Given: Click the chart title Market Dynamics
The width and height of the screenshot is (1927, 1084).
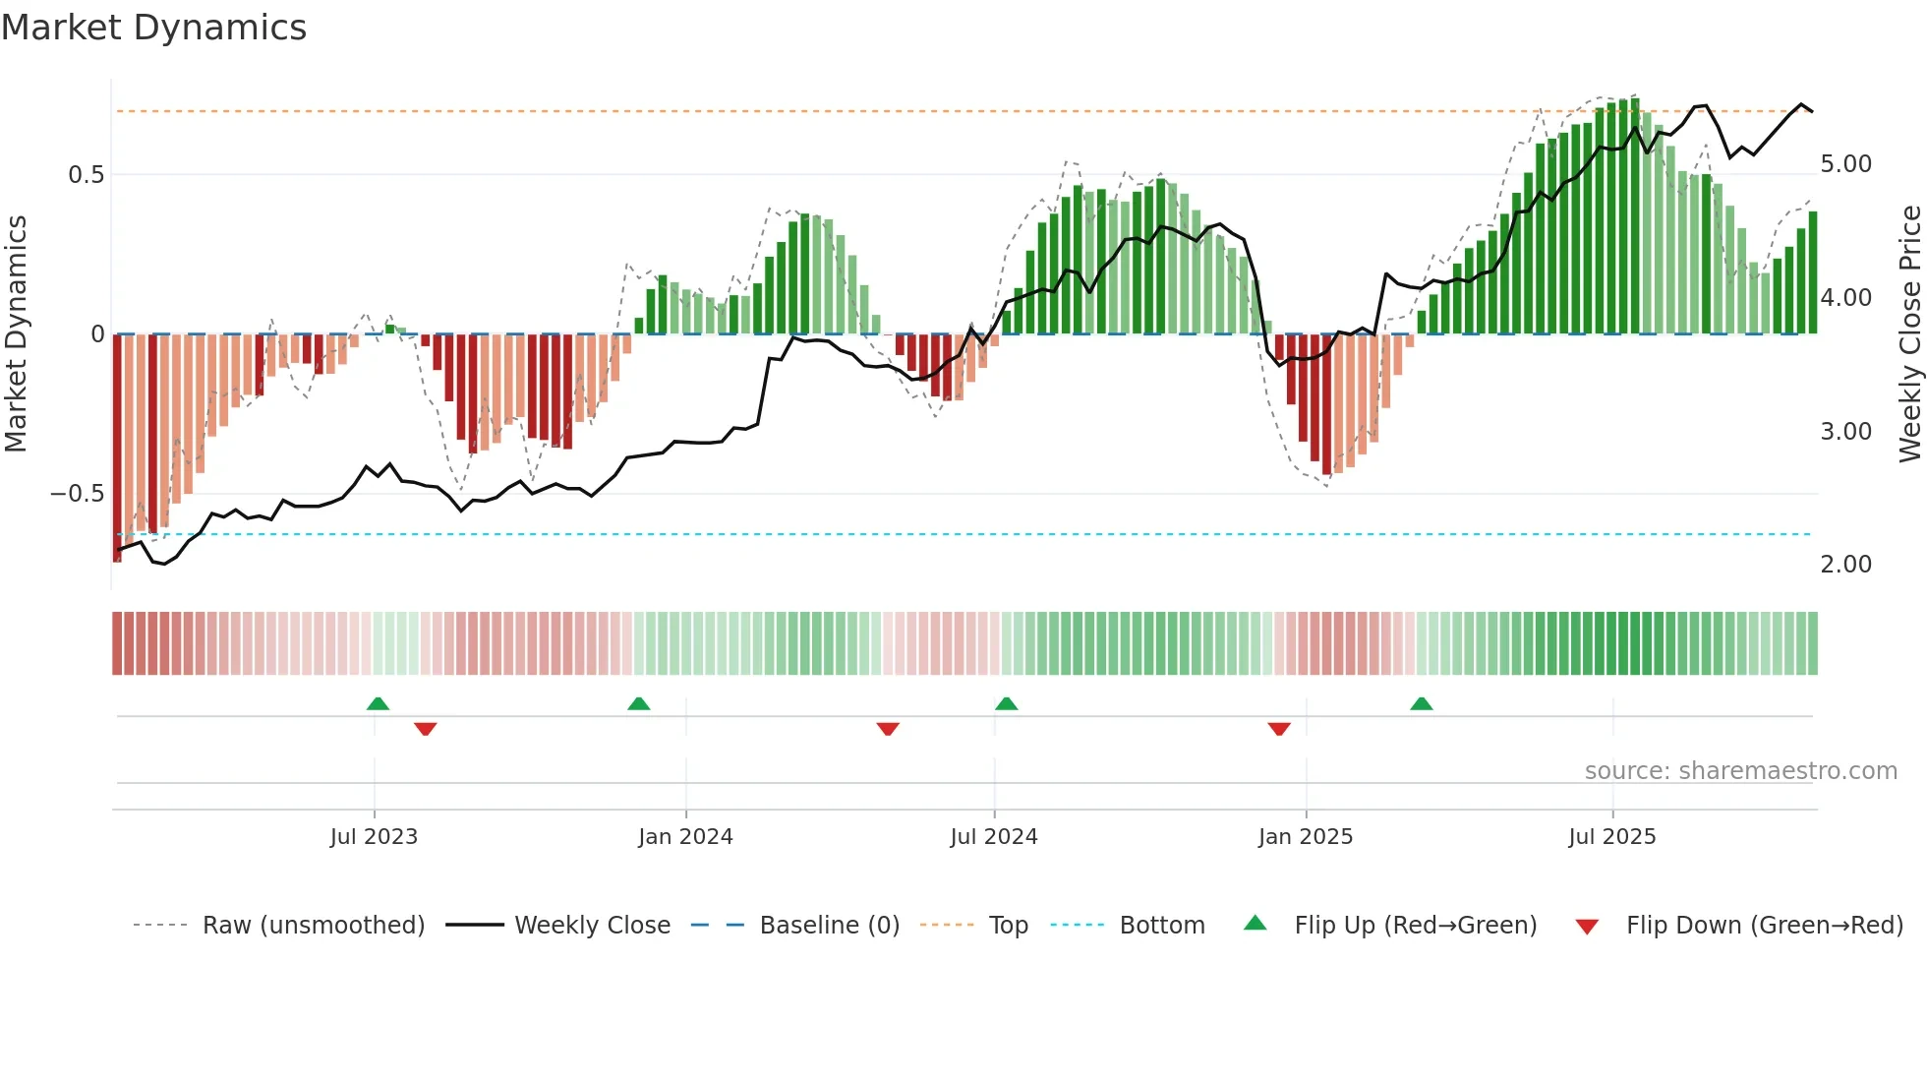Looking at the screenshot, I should click(x=154, y=28).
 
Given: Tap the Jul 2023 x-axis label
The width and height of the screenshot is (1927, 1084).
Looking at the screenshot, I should click(x=374, y=837).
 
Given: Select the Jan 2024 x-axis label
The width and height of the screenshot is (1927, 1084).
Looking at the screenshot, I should click(x=685, y=837).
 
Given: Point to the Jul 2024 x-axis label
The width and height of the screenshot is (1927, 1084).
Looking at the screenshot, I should click(x=994, y=837).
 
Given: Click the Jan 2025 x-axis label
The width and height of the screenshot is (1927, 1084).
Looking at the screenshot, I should click(x=1306, y=837).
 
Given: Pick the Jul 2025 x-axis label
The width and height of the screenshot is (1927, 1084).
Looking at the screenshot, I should click(x=1612, y=837).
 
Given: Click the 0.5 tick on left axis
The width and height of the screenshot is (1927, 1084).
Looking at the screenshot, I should click(x=87, y=175).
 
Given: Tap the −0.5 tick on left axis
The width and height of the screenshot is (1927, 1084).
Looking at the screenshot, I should click(x=78, y=494).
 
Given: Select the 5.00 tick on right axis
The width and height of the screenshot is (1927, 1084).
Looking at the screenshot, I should click(x=1846, y=164).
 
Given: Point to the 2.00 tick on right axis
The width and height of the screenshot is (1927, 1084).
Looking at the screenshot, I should click(x=1846, y=565).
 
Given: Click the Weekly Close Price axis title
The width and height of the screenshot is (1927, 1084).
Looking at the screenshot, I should click(x=1910, y=334).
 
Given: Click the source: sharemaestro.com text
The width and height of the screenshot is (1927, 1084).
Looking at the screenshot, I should click(x=1741, y=771).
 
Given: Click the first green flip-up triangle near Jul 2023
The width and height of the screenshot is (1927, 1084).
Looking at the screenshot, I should click(x=378, y=703).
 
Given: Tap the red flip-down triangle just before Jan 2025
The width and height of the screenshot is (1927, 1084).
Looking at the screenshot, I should click(x=1279, y=729).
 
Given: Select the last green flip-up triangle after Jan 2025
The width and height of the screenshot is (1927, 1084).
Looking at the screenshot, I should click(x=1422, y=703).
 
